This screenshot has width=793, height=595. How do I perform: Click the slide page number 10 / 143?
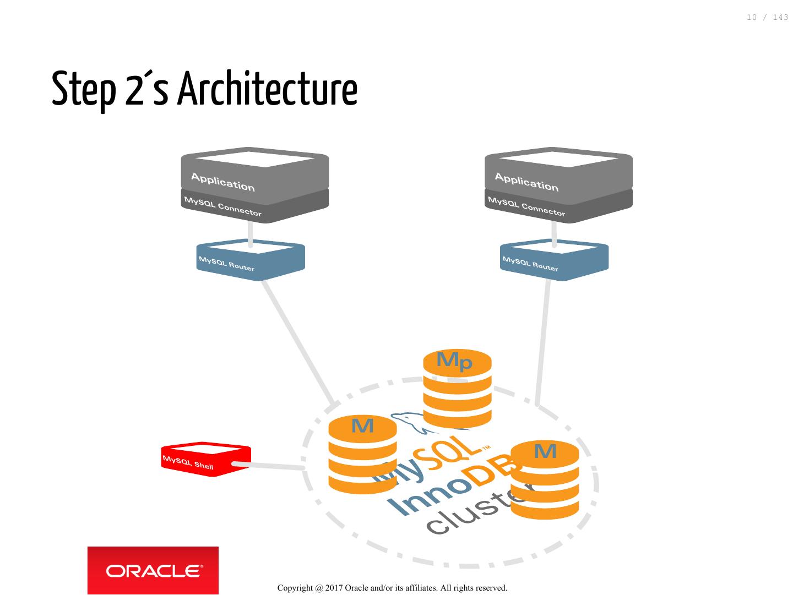767,18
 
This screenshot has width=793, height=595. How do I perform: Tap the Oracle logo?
153,571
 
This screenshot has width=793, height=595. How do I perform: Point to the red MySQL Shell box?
205,460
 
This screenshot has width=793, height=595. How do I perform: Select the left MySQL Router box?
251,260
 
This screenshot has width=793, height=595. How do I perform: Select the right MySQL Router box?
554,260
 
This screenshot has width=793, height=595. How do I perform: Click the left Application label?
223,182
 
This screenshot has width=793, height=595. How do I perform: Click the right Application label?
526,182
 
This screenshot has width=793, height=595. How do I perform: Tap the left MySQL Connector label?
223,207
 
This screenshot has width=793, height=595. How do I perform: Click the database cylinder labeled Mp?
457,388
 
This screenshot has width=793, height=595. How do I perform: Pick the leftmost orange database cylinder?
362,455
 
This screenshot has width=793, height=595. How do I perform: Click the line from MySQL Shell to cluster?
270,466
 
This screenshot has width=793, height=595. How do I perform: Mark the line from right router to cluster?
543,341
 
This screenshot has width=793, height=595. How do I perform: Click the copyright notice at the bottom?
392,588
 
